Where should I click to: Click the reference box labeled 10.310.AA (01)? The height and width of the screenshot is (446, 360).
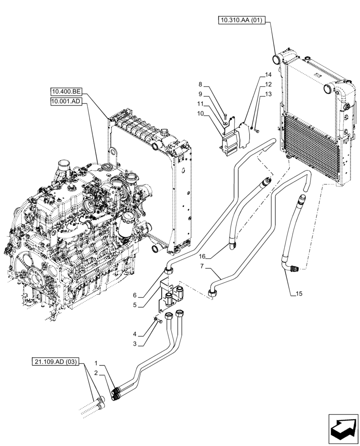click(243, 20)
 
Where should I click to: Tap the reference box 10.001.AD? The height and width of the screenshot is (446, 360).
click(66, 101)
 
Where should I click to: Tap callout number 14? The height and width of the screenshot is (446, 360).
click(267, 75)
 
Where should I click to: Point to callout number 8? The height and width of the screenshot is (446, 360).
click(200, 84)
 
